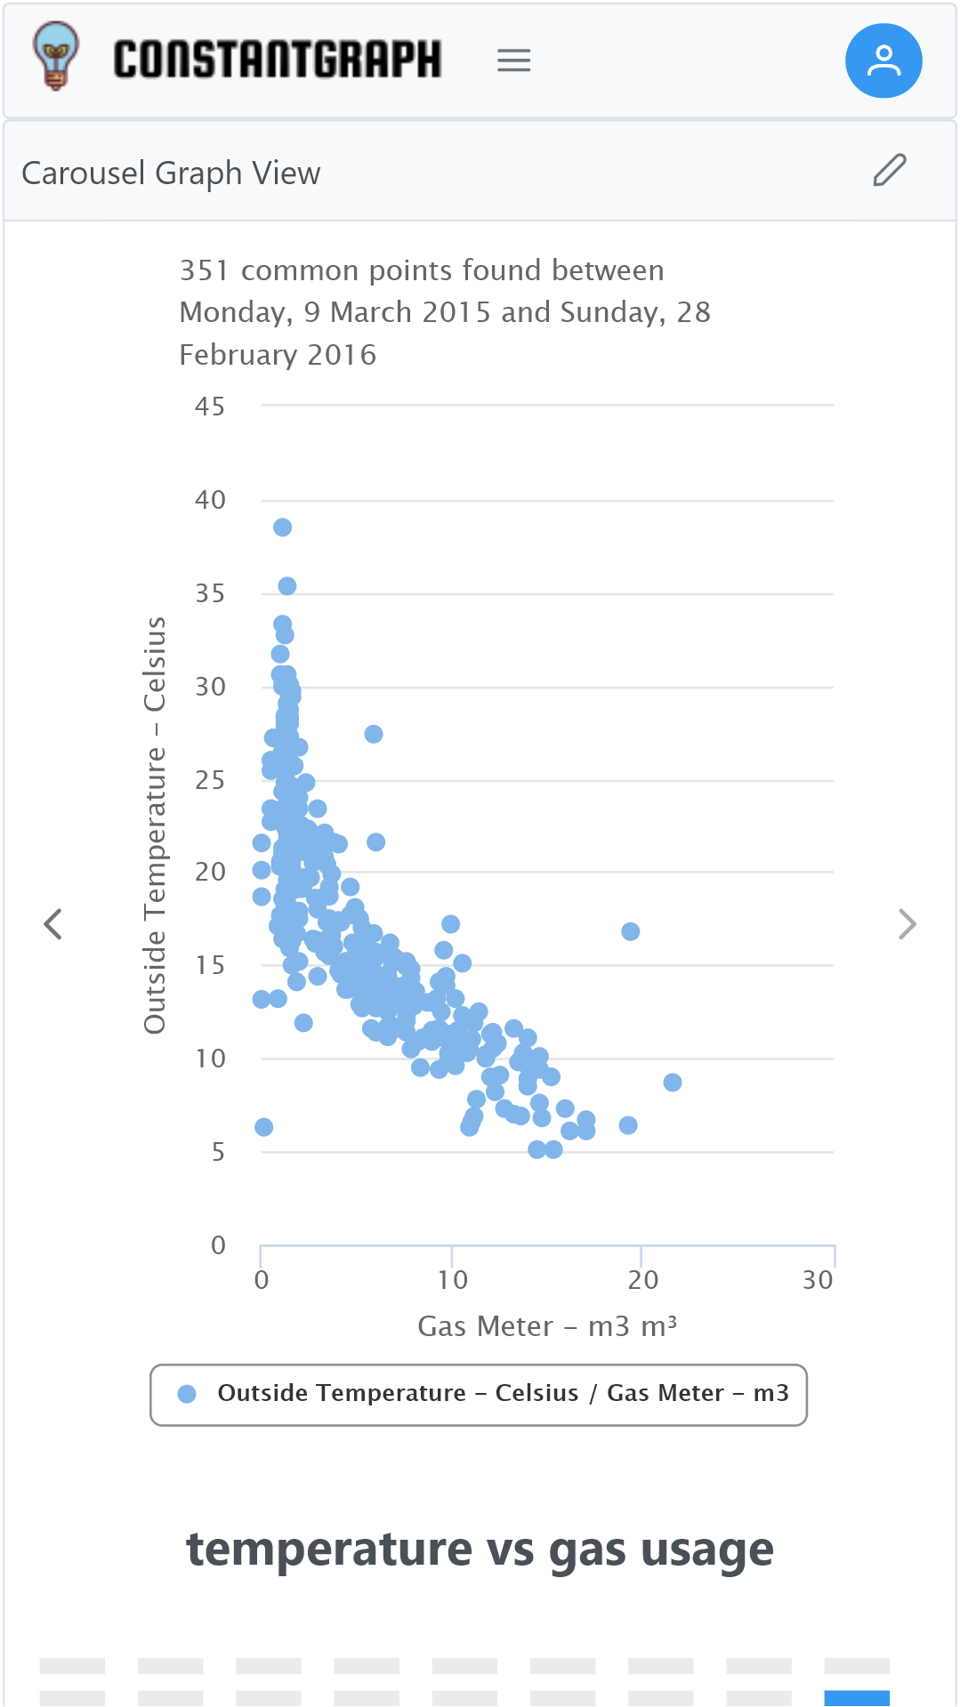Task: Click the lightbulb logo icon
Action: tap(55, 57)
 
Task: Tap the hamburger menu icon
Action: tap(513, 60)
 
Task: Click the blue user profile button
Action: tap(883, 60)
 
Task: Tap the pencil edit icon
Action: tap(889, 170)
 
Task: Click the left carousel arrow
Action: tap(53, 924)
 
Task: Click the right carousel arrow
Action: tap(907, 924)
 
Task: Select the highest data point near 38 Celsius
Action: tap(282, 527)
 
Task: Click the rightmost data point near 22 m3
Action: tap(673, 1083)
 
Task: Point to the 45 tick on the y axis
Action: tap(210, 407)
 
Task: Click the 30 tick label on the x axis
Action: tap(818, 1281)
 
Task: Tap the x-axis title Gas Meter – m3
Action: tap(547, 1326)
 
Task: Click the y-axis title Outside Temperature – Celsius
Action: tap(155, 825)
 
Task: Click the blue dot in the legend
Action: tap(187, 1394)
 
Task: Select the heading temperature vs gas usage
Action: tap(480, 1550)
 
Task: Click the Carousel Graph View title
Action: tap(171, 173)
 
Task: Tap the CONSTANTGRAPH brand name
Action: tap(277, 60)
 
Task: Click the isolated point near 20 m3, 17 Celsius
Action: tap(631, 931)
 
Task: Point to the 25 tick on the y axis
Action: tap(210, 781)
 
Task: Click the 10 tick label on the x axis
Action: tap(452, 1281)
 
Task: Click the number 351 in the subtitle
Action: tap(204, 270)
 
